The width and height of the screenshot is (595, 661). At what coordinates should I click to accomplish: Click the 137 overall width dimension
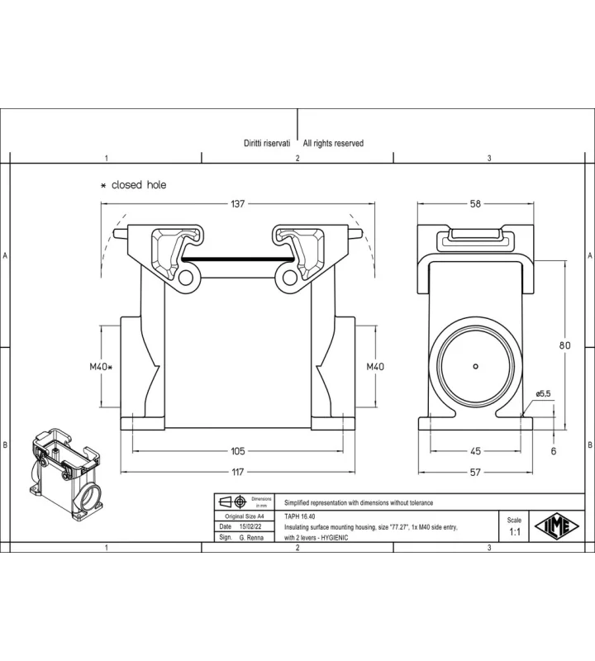[237, 204]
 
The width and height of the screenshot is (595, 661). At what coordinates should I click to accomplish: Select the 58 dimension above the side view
[475, 204]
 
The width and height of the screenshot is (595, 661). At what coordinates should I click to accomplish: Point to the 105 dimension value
[238, 451]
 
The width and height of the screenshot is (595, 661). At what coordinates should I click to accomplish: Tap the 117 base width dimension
[238, 472]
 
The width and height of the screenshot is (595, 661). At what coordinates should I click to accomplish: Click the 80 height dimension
[564, 345]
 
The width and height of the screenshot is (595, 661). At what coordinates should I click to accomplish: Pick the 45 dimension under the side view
[475, 451]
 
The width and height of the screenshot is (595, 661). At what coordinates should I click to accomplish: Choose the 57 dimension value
[475, 472]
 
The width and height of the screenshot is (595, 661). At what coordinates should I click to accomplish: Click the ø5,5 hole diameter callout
[543, 394]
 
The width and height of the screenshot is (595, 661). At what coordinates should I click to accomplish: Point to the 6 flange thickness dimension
[554, 451]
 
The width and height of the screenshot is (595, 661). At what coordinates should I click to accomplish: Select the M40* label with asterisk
[101, 367]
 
